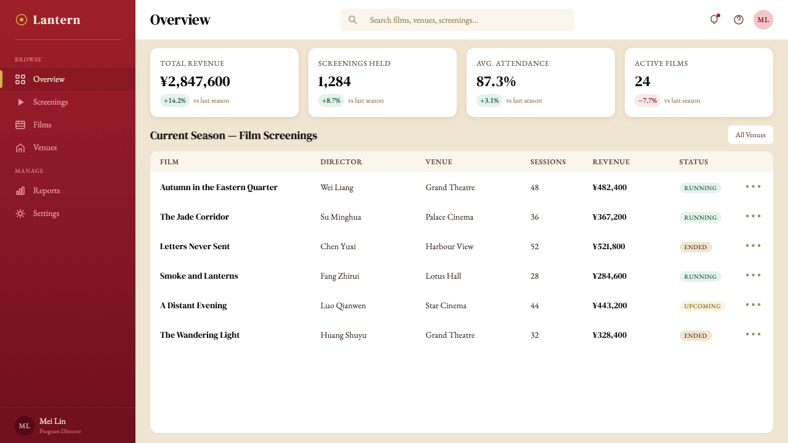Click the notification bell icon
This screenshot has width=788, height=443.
point(714,19)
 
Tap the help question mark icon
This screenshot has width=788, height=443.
point(738,20)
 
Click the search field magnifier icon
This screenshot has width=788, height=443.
point(353,20)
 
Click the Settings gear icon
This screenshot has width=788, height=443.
point(20,214)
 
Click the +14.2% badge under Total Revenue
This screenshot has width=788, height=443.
point(174,100)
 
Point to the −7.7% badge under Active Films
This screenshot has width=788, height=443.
point(647,100)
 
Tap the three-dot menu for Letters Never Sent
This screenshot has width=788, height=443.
point(753,245)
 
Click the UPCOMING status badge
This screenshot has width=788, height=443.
point(702,306)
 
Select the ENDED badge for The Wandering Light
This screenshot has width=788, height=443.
point(696,335)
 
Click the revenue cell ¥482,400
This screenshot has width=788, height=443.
point(609,188)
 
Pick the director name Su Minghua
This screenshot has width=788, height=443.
point(340,217)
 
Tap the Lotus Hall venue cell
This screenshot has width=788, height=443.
point(443,276)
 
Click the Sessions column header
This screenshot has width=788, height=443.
point(548,162)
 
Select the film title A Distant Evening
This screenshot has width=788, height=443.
point(193,306)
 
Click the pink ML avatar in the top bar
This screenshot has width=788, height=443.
point(763,20)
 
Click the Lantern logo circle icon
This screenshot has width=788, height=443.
point(21,20)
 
